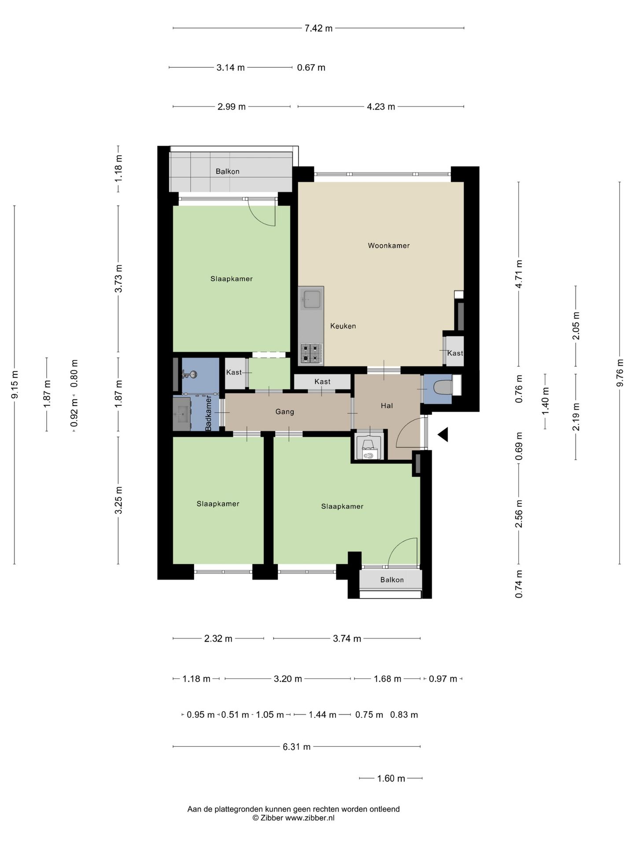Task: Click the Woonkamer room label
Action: point(389,246)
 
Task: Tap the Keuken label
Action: point(343,326)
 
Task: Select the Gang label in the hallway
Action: point(284,412)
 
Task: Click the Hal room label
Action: point(387,406)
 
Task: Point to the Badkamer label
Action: point(209,413)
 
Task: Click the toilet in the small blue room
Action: point(442,388)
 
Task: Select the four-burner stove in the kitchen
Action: point(311,353)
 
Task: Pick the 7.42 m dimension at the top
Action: point(319,29)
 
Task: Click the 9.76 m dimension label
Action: point(620,373)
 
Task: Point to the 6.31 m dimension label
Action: point(297,747)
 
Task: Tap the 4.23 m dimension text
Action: point(381,107)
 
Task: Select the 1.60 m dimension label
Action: point(391,779)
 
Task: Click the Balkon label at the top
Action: point(228,172)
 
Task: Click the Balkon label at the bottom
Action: point(392,580)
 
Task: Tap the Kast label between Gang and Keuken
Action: point(322,382)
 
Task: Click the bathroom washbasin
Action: point(181,414)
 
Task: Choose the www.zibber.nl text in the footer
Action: point(310,818)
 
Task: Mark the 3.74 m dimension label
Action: point(347,639)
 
